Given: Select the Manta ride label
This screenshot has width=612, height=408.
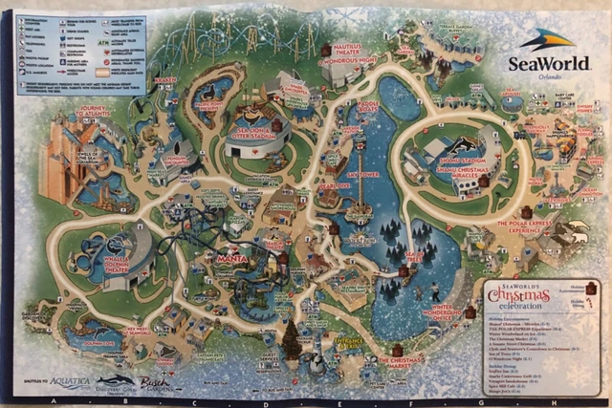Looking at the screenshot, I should click(226, 257).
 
